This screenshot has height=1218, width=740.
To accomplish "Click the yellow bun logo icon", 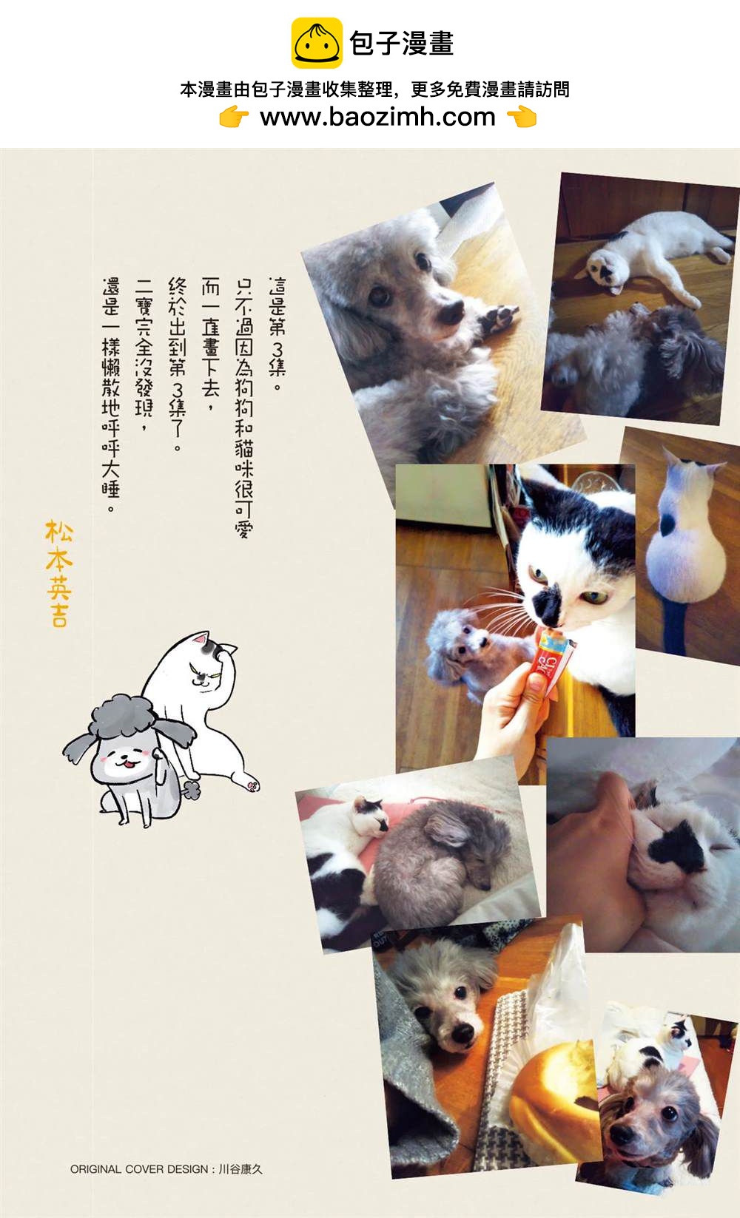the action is click(317, 43).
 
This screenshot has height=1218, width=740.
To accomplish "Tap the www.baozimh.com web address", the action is click(377, 117).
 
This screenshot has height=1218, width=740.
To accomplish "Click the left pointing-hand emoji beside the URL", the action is click(234, 117).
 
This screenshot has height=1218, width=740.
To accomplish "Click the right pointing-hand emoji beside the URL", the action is click(522, 117).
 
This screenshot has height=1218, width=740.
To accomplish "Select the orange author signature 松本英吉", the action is click(58, 573).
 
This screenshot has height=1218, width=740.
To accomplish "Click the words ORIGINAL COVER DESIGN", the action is click(139, 1169).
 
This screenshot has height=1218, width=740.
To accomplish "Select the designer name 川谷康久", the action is click(241, 1169).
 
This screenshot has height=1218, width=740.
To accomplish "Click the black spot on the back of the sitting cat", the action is click(667, 523).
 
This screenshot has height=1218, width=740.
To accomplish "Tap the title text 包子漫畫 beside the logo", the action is click(402, 43).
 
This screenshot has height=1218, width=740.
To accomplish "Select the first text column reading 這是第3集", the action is click(277, 333).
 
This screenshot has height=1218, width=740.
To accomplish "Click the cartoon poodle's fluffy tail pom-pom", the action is click(191, 789).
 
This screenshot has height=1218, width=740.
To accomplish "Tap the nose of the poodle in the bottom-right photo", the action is click(623, 1133).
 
